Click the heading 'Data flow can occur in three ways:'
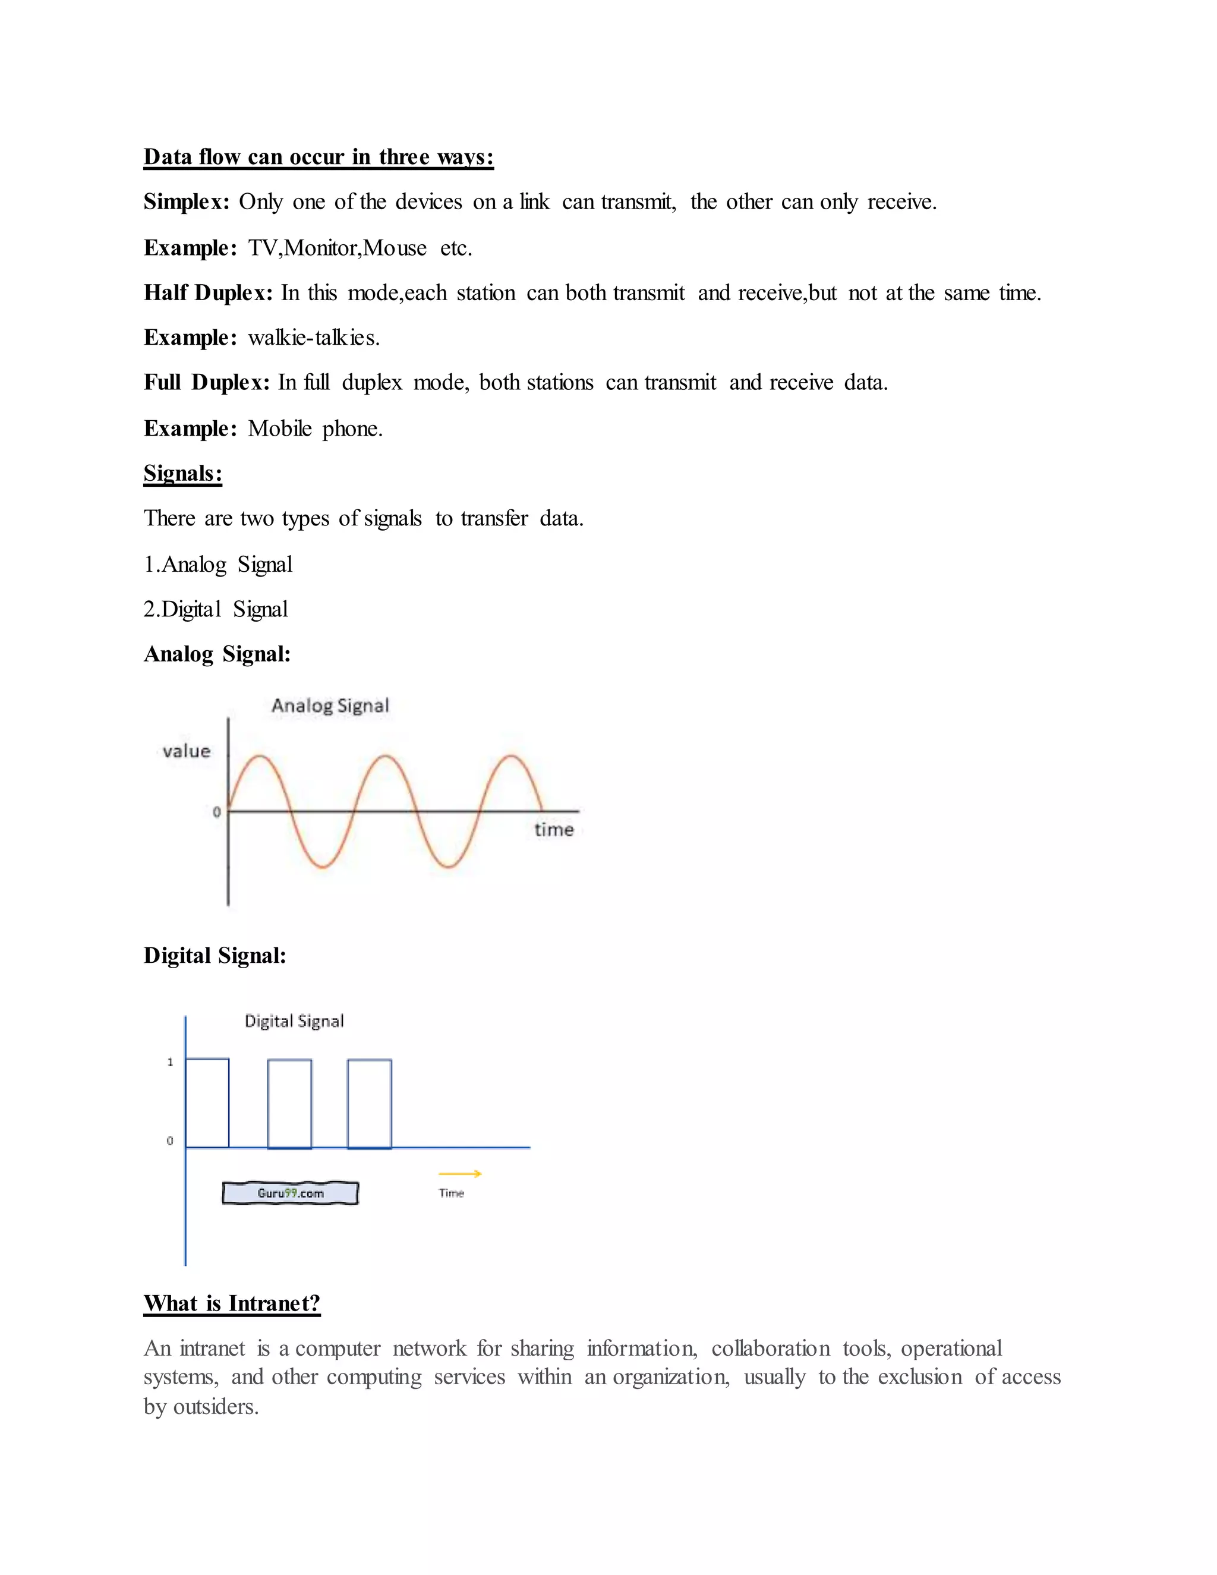pyautogui.click(x=318, y=157)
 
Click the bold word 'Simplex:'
pyautogui.click(x=186, y=202)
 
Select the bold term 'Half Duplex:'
pyautogui.click(x=207, y=293)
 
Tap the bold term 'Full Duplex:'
pyautogui.click(x=206, y=382)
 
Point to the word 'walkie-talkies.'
pyautogui.click(x=314, y=338)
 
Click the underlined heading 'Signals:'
pyautogui.click(x=182, y=473)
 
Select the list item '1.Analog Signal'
pyautogui.click(x=217, y=564)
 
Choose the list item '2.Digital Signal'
pyautogui.click(x=216, y=609)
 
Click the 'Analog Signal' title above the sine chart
pyautogui.click(x=330, y=705)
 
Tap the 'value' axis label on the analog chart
pyautogui.click(x=186, y=751)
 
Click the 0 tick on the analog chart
pyautogui.click(x=216, y=812)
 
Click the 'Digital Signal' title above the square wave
pyautogui.click(x=294, y=1021)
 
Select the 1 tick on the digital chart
pyautogui.click(x=170, y=1062)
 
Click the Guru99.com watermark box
pyautogui.click(x=291, y=1193)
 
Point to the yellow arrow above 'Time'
pyautogui.click(x=460, y=1173)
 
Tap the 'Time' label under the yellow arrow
pyautogui.click(x=452, y=1193)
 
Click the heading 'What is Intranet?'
pyautogui.click(x=231, y=1303)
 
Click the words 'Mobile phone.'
pyautogui.click(x=315, y=429)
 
